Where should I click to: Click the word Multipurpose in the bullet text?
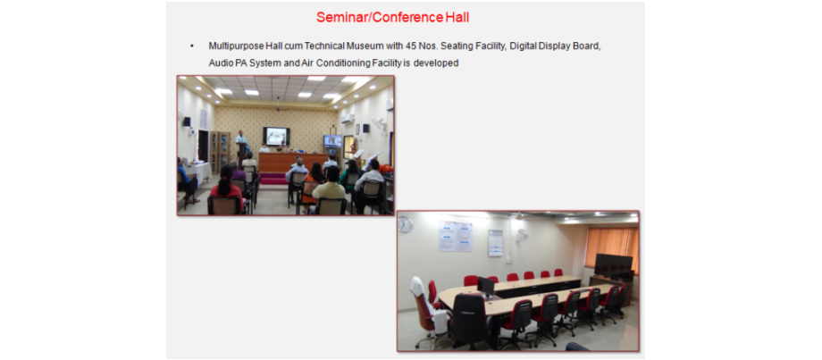click(233, 46)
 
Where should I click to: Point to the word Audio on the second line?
click(219, 63)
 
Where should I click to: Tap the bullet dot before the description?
click(192, 46)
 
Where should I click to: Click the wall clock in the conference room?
click(405, 223)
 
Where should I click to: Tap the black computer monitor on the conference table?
click(486, 286)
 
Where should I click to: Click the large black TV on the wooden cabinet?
click(614, 266)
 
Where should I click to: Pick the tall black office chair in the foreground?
click(470, 321)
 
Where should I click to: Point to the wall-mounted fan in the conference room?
click(521, 235)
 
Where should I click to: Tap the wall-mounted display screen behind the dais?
click(276, 137)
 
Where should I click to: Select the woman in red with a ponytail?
click(226, 188)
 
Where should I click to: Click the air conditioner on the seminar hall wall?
click(348, 119)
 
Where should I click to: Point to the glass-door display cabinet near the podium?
click(220, 152)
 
